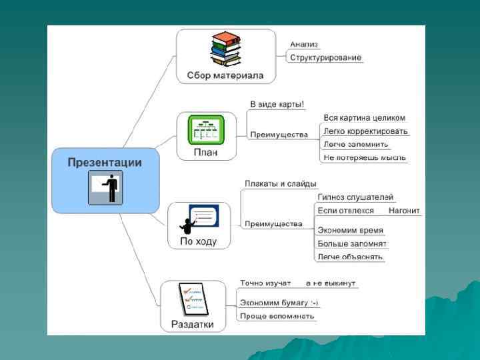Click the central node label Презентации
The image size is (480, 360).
105,163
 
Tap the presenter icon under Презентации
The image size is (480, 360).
105,187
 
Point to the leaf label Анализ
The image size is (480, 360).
304,44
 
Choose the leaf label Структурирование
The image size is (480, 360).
326,57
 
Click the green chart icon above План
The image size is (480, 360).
205,128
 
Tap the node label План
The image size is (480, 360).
205,152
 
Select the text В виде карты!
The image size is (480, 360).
277,104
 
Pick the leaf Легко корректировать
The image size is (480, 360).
365,131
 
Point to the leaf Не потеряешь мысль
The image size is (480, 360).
364,157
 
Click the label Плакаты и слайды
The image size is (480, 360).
280,183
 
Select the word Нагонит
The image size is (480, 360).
404,211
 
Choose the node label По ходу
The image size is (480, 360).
199,241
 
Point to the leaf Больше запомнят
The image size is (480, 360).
352,243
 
